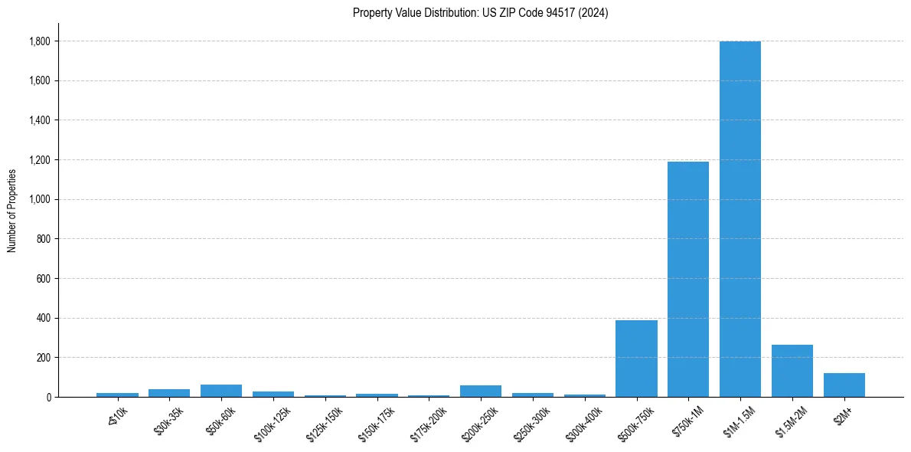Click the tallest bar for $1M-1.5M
pos(740,218)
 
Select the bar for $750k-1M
pos(688,279)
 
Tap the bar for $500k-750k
pos(636,359)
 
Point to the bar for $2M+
pos(844,385)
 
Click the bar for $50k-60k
pos(221,391)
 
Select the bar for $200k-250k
pos(481,391)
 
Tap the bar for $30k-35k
pos(169,393)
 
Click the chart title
pos(480,12)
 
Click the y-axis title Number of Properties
pos(12,210)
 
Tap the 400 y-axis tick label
pos(43,318)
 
